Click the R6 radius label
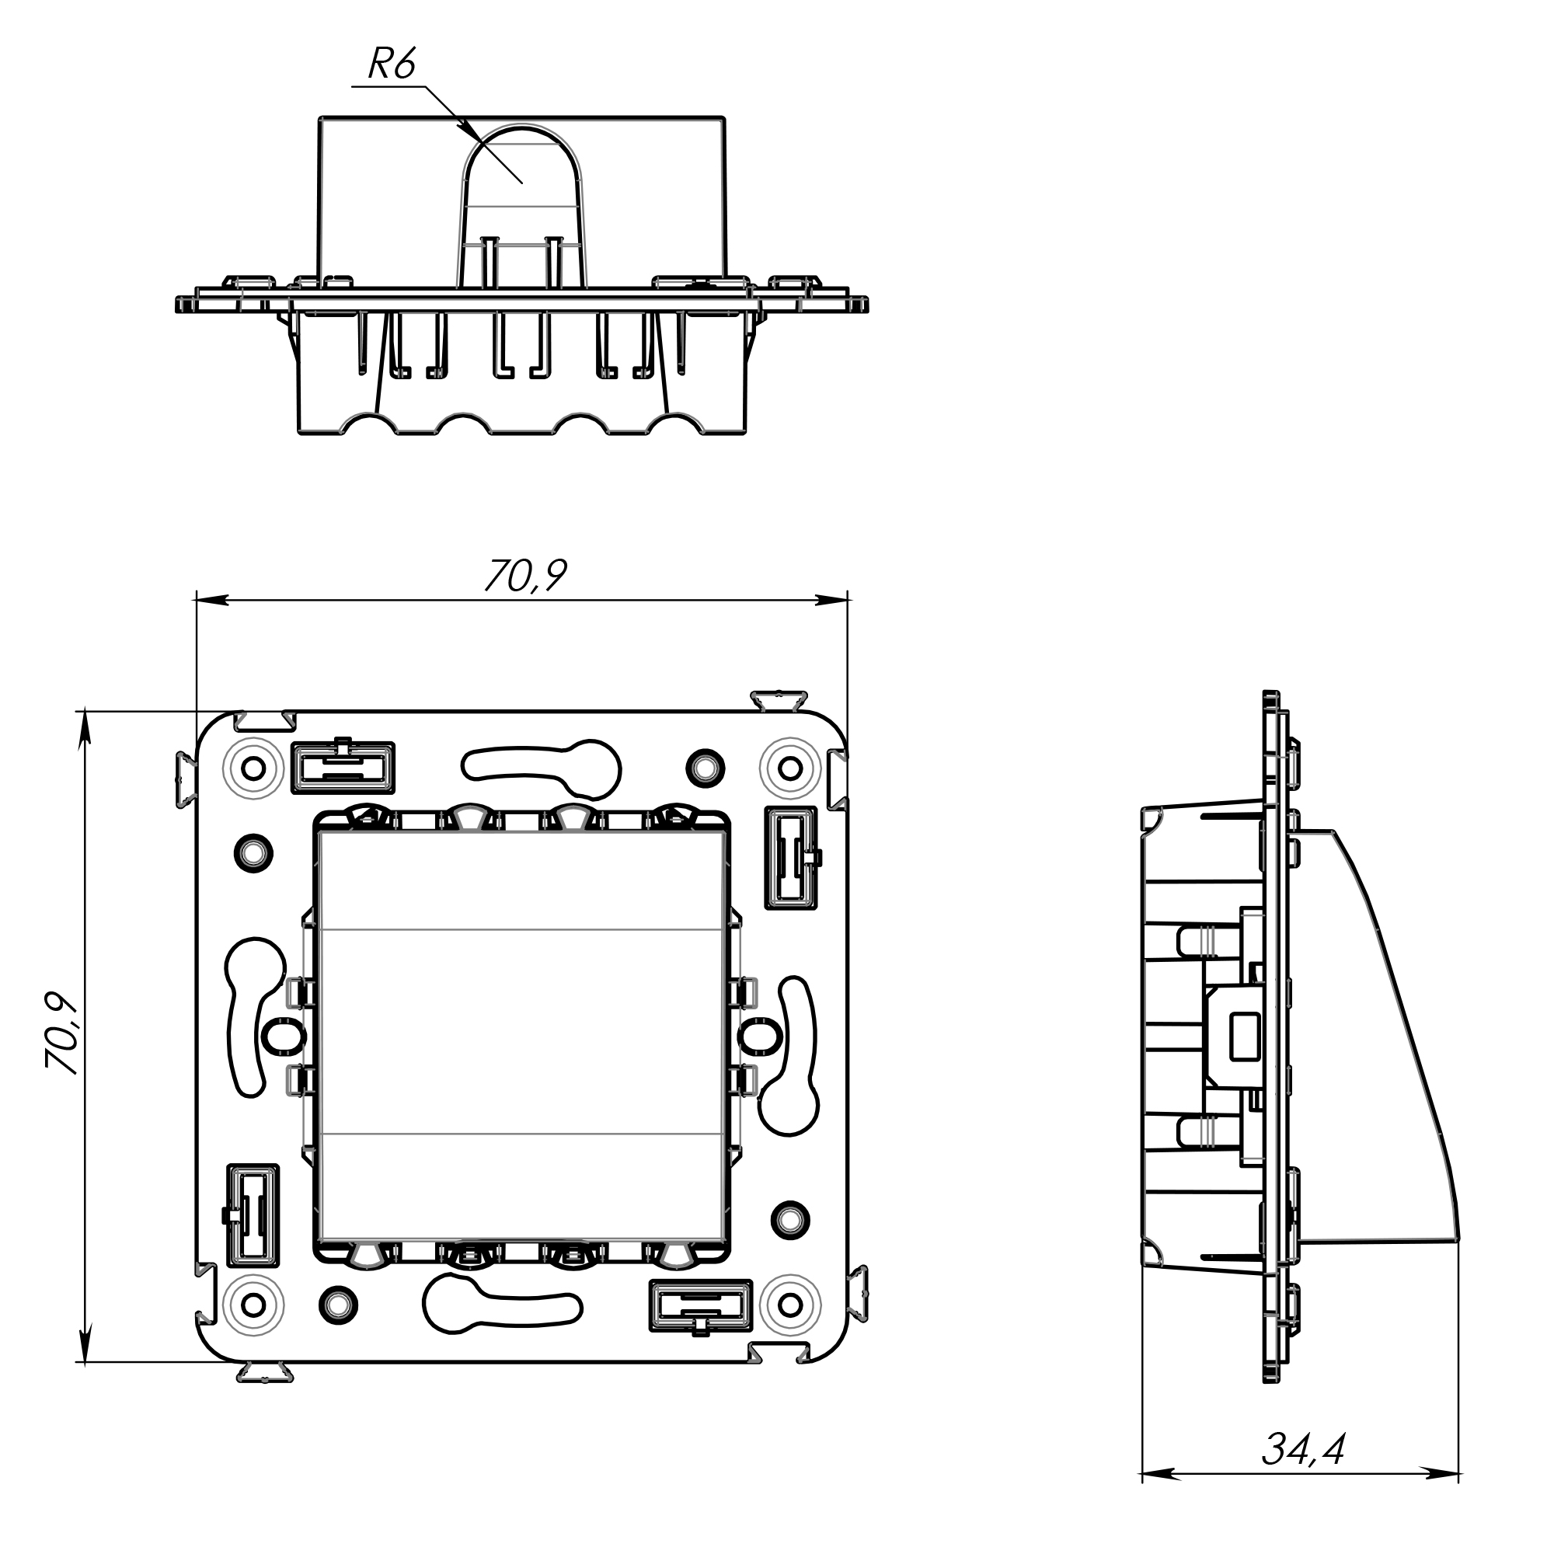coord(392,64)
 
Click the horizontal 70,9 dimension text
coord(525,575)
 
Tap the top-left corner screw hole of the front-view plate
coord(253,768)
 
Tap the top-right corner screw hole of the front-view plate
coord(791,768)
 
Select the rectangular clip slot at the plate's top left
coord(343,766)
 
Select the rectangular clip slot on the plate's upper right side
coord(791,858)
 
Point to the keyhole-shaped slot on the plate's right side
coord(792,1055)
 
